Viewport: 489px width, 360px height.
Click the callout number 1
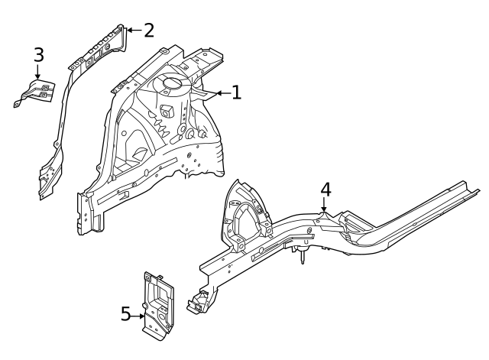[236, 92]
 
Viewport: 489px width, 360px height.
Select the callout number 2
[148, 30]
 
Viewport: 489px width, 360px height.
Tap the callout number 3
[39, 54]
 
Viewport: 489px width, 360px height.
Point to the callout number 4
[325, 188]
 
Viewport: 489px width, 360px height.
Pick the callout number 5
[126, 313]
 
